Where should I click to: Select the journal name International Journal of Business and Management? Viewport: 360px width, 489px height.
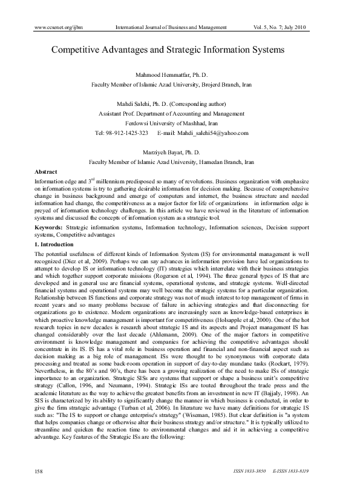coord(171,28)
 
